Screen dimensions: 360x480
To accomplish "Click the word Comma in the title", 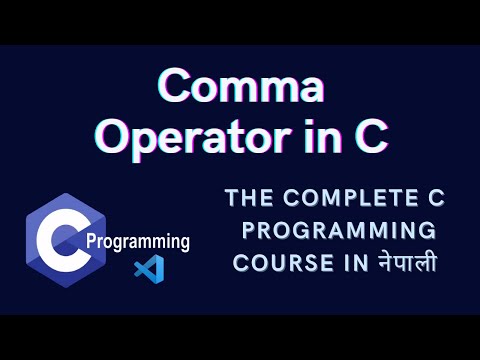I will [x=240, y=88].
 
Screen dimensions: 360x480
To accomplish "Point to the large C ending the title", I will [x=370, y=137].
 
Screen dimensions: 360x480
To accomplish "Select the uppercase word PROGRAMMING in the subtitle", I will [x=339, y=232].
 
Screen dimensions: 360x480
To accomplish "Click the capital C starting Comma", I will [x=179, y=88].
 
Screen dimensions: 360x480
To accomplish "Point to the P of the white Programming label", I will [x=93, y=242].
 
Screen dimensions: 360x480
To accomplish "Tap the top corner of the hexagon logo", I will [x=66, y=194].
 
